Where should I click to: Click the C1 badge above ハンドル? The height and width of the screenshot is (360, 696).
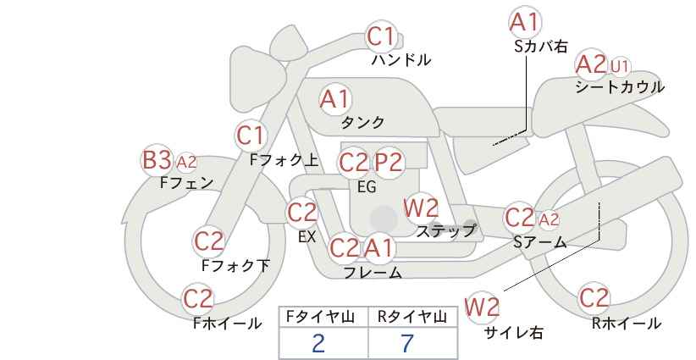tap(381, 36)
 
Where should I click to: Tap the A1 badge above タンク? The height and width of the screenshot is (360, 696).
tap(334, 99)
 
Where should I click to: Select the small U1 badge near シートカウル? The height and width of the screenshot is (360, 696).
tap(620, 65)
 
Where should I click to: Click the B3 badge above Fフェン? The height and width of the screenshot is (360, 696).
tap(157, 159)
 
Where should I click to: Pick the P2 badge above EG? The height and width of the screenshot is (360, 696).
tap(389, 162)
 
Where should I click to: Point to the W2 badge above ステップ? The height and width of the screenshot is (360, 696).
tap(421, 208)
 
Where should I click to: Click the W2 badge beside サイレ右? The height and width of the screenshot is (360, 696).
tap(483, 307)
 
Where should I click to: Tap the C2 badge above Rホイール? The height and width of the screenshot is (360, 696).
tap(594, 298)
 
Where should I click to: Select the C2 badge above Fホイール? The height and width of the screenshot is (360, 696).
tap(198, 298)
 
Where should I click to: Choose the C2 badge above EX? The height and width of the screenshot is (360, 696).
tap(302, 213)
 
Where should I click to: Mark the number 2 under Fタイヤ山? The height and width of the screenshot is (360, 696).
tap(318, 343)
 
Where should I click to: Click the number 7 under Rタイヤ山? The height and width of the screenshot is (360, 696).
tap(407, 343)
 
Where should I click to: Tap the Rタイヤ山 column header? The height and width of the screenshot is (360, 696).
tap(412, 317)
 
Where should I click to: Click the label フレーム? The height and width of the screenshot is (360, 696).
tap(373, 273)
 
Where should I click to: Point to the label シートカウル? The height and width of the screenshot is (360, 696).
tap(620, 86)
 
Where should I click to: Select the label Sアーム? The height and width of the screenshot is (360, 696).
tap(539, 242)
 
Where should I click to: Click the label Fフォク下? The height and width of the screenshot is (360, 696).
tap(235, 266)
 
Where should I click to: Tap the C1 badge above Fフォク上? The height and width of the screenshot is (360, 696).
tap(251, 135)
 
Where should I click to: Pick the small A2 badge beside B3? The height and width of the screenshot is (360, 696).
tap(186, 161)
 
